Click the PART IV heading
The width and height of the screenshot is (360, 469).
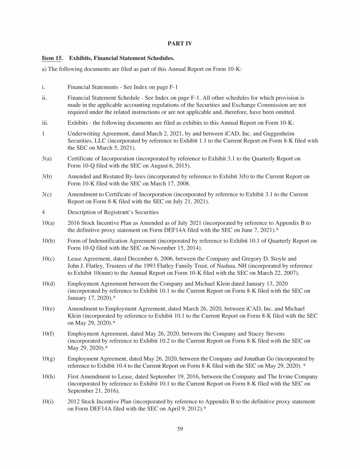tap(180, 44)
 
